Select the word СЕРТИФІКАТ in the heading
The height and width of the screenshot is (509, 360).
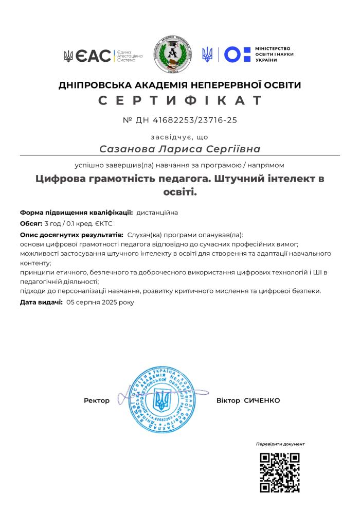click(x=180, y=100)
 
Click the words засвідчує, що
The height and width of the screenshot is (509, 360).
click(x=179, y=137)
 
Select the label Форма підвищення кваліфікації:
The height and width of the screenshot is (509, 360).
click(x=76, y=212)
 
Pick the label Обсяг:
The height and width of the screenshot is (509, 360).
click(x=31, y=223)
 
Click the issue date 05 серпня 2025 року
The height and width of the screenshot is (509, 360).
click(x=100, y=302)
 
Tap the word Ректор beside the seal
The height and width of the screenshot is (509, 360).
click(x=97, y=400)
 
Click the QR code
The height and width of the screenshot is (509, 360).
click(x=280, y=473)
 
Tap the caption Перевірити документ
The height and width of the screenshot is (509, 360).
click(x=280, y=444)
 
